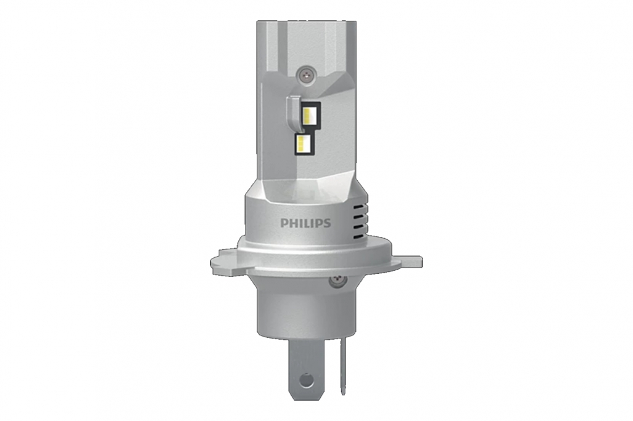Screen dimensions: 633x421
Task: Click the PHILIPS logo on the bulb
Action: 305,223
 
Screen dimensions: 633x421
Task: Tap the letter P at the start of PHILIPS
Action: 284,223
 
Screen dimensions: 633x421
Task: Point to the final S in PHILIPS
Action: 327,223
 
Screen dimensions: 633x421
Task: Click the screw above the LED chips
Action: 307,74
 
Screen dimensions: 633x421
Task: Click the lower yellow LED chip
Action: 304,142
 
